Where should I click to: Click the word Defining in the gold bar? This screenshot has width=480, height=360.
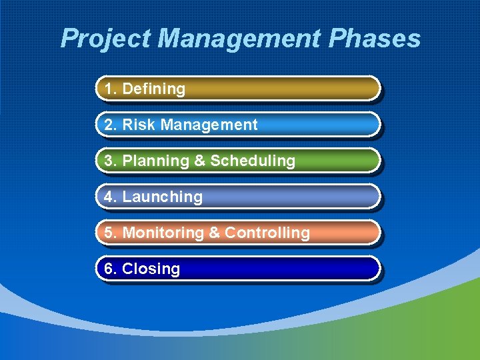coord(154,89)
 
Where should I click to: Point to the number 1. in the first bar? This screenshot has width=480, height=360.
coord(111,89)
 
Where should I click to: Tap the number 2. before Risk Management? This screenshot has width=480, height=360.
coord(111,125)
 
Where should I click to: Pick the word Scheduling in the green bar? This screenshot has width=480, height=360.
coord(253,161)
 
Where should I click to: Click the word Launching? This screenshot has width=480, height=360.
coord(162,197)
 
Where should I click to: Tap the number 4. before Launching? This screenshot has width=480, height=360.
coord(111,197)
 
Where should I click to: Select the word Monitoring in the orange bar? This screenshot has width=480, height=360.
coord(163,233)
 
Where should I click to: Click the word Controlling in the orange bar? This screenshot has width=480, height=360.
coord(267,233)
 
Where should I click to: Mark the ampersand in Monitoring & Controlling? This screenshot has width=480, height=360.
coord(214,233)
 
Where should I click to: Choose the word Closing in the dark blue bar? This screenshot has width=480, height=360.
coord(151,269)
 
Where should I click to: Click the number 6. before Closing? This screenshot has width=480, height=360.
coord(111,269)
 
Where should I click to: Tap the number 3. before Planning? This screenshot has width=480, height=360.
coord(111,161)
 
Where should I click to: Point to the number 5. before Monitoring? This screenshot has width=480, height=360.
coord(111,233)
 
